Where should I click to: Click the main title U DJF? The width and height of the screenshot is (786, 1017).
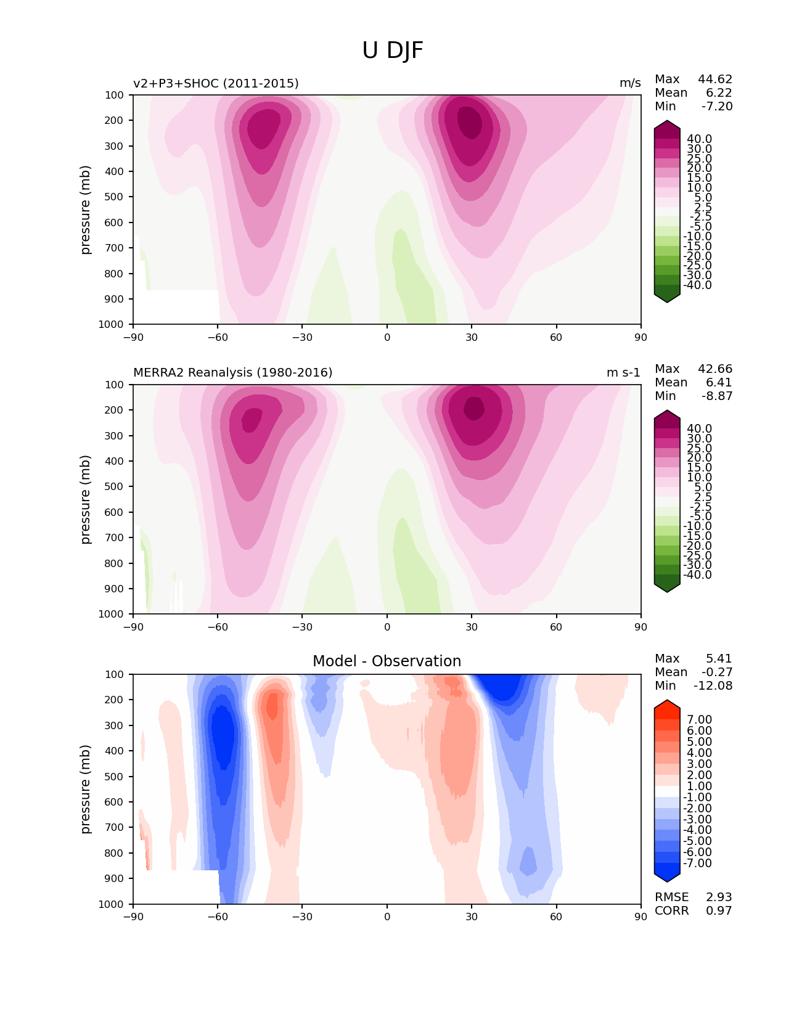393,51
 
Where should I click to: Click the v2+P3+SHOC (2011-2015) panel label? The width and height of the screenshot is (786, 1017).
216,83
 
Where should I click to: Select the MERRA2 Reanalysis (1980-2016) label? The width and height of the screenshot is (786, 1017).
232,372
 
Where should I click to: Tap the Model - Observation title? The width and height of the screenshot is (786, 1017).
387,661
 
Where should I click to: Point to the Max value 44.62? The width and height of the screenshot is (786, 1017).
715,79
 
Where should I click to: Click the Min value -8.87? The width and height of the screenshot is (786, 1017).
717,396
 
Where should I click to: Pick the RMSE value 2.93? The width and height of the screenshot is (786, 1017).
719,897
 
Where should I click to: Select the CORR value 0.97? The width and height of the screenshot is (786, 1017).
719,910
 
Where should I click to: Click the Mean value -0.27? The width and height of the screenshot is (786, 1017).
717,672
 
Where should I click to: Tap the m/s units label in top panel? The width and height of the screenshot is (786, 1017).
630,83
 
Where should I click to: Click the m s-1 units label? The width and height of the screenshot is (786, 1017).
623,372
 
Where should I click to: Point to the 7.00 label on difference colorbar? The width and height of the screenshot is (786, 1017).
699,719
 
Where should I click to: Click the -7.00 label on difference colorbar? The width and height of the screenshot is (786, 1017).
697,863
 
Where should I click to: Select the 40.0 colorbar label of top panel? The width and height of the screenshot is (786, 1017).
699,139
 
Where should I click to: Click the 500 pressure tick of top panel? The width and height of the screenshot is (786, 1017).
115,197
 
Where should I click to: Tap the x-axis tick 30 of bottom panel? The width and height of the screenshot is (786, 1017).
472,917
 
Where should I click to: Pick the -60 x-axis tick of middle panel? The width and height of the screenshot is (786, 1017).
217,627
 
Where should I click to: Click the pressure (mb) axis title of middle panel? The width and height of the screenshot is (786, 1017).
86,499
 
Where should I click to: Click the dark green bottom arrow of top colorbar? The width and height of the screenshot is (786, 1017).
667,298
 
